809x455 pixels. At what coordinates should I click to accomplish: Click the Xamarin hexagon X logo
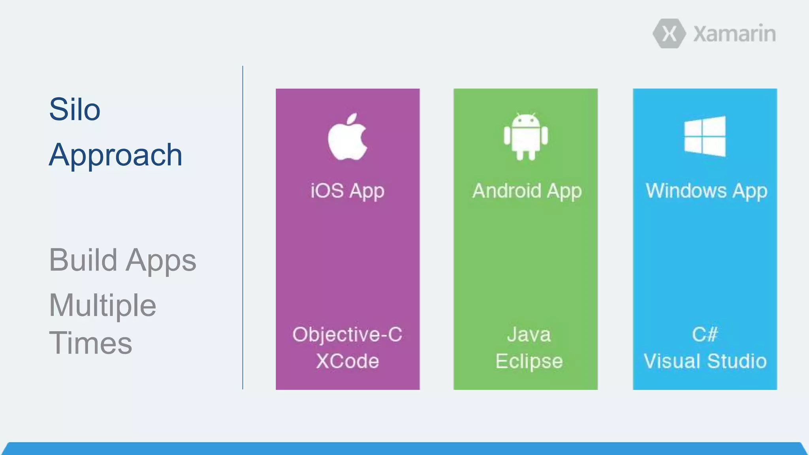coord(669,34)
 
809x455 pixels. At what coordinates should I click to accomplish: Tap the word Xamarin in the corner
coord(734,34)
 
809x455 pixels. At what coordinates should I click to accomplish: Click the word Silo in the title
coord(75,109)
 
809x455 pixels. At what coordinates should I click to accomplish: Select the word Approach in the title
coord(116,155)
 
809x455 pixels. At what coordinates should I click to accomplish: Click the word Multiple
coord(103,305)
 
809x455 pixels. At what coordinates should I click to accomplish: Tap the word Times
coord(90,343)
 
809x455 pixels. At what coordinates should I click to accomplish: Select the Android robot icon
coord(526,137)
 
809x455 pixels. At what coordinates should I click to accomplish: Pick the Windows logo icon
coord(705,136)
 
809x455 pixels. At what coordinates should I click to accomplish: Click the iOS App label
coord(347,191)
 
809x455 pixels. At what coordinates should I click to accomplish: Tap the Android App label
coord(527,191)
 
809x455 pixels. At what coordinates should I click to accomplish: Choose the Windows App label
coord(706,191)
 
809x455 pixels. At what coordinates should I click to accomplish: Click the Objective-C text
coord(347,335)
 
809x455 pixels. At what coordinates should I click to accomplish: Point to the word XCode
coord(347,361)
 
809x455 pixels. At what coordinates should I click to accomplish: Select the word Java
coord(529,335)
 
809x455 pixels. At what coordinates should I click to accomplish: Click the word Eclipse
coord(529,361)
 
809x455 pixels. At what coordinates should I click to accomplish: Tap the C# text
coord(705,335)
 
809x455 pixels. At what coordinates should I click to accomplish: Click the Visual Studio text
coord(705,361)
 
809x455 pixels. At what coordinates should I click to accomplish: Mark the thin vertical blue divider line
coord(243,227)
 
